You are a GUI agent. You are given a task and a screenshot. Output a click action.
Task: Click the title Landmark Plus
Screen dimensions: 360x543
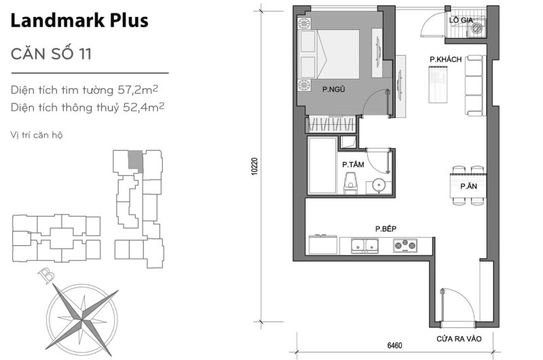coord(79,21)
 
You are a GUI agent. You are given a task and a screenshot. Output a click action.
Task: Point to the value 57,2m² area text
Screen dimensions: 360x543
coord(143,88)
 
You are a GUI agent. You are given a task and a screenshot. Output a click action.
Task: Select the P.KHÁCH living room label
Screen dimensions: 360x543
coord(445,60)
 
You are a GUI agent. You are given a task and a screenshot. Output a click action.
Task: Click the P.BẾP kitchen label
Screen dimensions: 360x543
coord(386,229)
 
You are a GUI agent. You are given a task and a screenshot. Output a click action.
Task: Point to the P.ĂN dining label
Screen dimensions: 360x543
coord(466,185)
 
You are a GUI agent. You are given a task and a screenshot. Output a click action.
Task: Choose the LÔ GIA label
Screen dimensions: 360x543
coord(460,20)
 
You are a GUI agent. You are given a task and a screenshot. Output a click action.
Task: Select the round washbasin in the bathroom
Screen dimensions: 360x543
coord(378,184)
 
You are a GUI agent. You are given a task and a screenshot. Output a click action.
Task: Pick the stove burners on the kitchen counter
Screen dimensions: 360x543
coord(406,245)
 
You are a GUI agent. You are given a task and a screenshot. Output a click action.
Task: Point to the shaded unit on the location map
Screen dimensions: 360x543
coord(136,160)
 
